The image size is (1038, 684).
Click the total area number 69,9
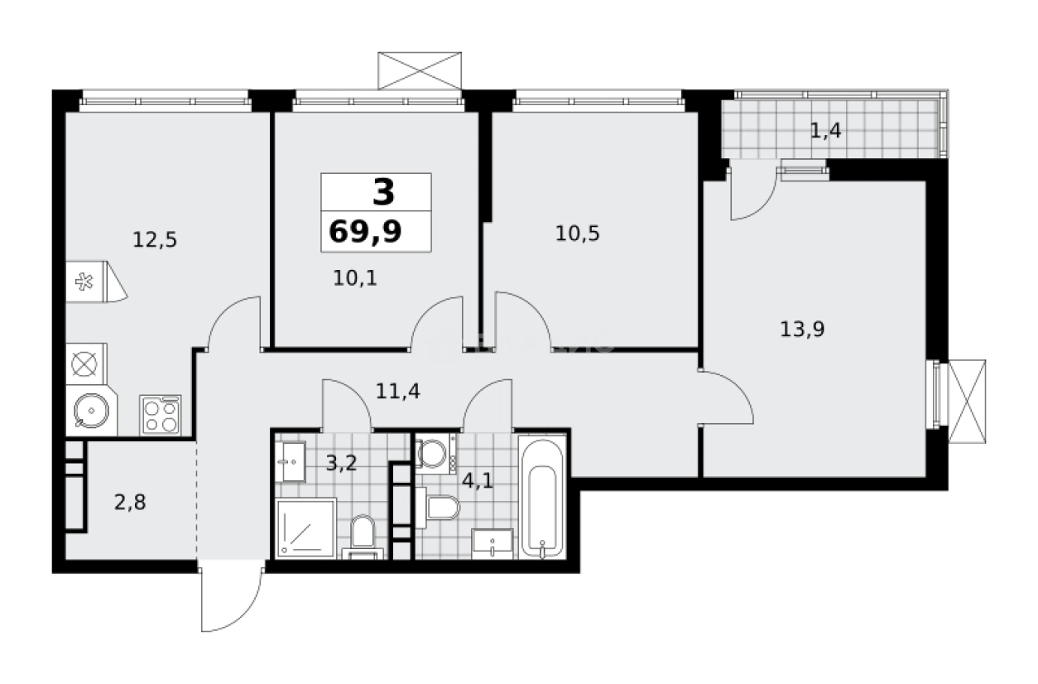[365, 232]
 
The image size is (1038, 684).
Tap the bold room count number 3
[383, 192]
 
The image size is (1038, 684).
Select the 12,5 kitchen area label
[155, 240]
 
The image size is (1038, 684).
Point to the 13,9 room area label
[802, 329]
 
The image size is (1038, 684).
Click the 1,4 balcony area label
[825, 130]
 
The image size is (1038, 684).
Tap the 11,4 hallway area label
[398, 390]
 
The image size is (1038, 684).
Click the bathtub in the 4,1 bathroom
[542, 497]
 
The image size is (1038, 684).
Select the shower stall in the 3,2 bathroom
[306, 528]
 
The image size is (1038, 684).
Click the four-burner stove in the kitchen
[161, 414]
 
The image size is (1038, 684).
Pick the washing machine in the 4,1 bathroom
[431, 453]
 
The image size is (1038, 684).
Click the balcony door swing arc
[752, 195]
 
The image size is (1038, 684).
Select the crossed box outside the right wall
[968, 402]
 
